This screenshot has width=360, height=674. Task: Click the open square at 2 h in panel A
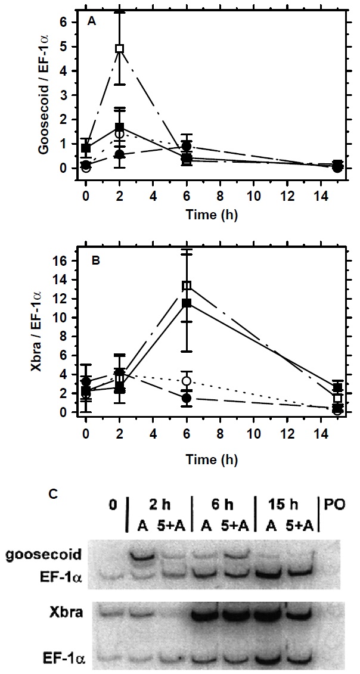(x=120, y=48)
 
